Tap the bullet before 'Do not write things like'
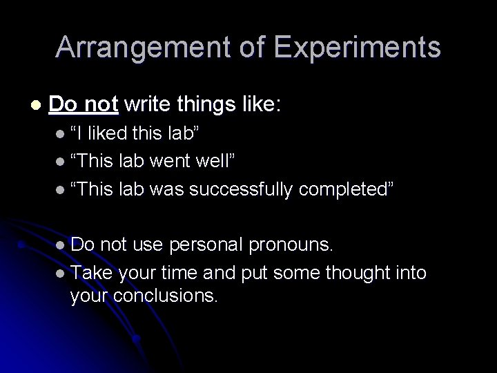click(36, 106)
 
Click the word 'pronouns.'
click(293, 244)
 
